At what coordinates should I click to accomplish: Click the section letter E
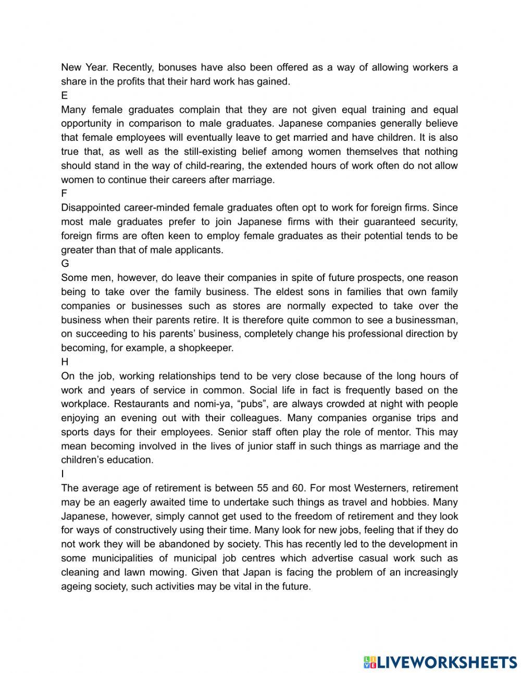[x=64, y=96]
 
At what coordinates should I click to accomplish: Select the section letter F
[x=64, y=194]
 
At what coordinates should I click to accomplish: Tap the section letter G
[x=65, y=264]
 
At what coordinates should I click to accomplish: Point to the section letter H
[x=65, y=362]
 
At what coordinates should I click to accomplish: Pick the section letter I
[x=63, y=474]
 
